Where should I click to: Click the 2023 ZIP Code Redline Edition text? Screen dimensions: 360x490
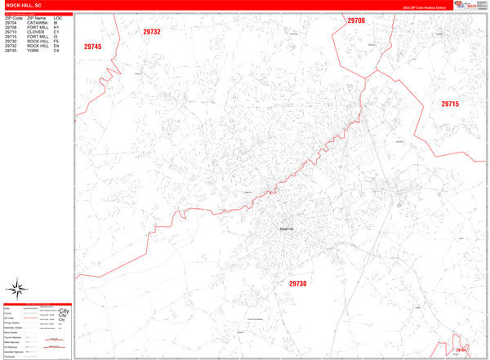click(424, 7)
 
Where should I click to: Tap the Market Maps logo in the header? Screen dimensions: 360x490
click(469, 5)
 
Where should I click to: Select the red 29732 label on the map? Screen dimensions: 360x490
click(152, 32)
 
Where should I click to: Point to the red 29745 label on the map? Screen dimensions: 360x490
click(92, 47)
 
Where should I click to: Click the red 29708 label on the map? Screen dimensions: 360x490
click(356, 20)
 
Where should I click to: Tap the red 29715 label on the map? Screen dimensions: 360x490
click(450, 104)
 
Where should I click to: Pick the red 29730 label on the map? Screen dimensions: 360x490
click(297, 283)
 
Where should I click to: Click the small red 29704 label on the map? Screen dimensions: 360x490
click(461, 350)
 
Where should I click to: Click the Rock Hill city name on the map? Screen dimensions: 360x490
click(286, 229)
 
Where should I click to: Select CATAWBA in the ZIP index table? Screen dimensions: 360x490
click(38, 22)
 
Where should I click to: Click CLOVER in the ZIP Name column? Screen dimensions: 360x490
click(35, 32)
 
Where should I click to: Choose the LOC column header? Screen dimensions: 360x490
click(57, 17)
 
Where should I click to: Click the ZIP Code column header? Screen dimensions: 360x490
click(13, 17)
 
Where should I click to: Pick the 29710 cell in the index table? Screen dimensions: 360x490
click(11, 32)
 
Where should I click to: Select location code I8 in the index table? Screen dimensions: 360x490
click(57, 22)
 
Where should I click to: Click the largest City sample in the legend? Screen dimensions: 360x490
click(65, 312)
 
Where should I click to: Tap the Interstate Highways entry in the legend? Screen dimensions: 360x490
click(15, 350)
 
